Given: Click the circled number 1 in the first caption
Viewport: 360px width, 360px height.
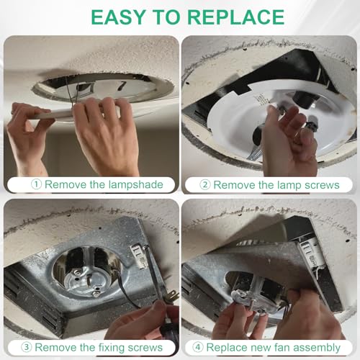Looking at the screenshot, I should (x=36, y=184).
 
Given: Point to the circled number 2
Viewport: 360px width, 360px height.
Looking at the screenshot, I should (x=205, y=184).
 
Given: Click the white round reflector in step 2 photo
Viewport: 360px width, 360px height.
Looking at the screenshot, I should (x=238, y=137).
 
